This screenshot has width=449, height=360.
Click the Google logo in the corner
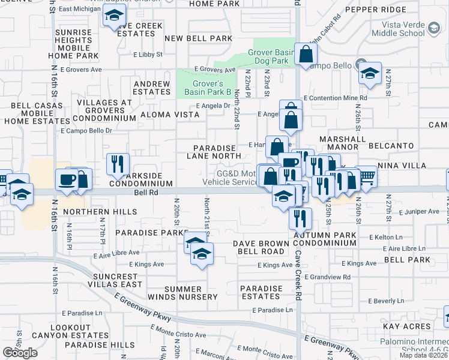point(20,353)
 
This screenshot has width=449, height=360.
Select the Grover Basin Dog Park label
point(273,57)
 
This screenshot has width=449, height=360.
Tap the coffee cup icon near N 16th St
point(66,179)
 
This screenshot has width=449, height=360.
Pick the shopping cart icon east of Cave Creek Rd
point(366,176)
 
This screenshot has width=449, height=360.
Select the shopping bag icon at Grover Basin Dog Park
point(306,55)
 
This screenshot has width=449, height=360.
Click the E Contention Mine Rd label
point(336,98)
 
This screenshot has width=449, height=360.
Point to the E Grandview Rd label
point(327,277)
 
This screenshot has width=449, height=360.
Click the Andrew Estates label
point(152,88)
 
